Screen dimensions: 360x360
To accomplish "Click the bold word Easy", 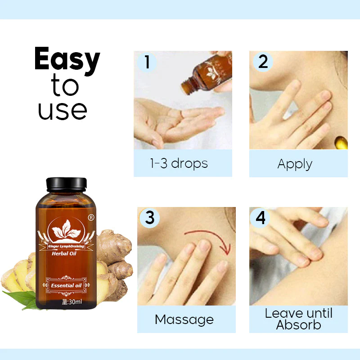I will tap(67, 60).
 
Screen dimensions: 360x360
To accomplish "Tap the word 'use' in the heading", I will tap(62, 110).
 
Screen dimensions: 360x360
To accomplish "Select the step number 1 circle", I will tap(146, 62).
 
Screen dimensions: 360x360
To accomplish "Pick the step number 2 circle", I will tap(263, 62).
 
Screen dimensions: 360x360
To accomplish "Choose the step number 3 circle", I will tap(150, 217).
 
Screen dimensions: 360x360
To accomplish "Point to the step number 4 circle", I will tap(261, 217).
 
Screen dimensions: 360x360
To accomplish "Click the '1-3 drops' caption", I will tap(179, 163).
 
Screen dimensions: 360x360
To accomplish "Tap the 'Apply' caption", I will tap(295, 164).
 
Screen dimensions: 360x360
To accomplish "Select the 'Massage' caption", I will tap(184, 319).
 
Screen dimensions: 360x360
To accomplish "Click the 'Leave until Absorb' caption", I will tap(298, 319).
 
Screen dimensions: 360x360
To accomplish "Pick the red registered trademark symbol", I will tap(91, 217).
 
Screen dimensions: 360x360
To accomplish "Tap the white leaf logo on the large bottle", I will tap(65, 229).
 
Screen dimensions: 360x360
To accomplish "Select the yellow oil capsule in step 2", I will tap(342, 144).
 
